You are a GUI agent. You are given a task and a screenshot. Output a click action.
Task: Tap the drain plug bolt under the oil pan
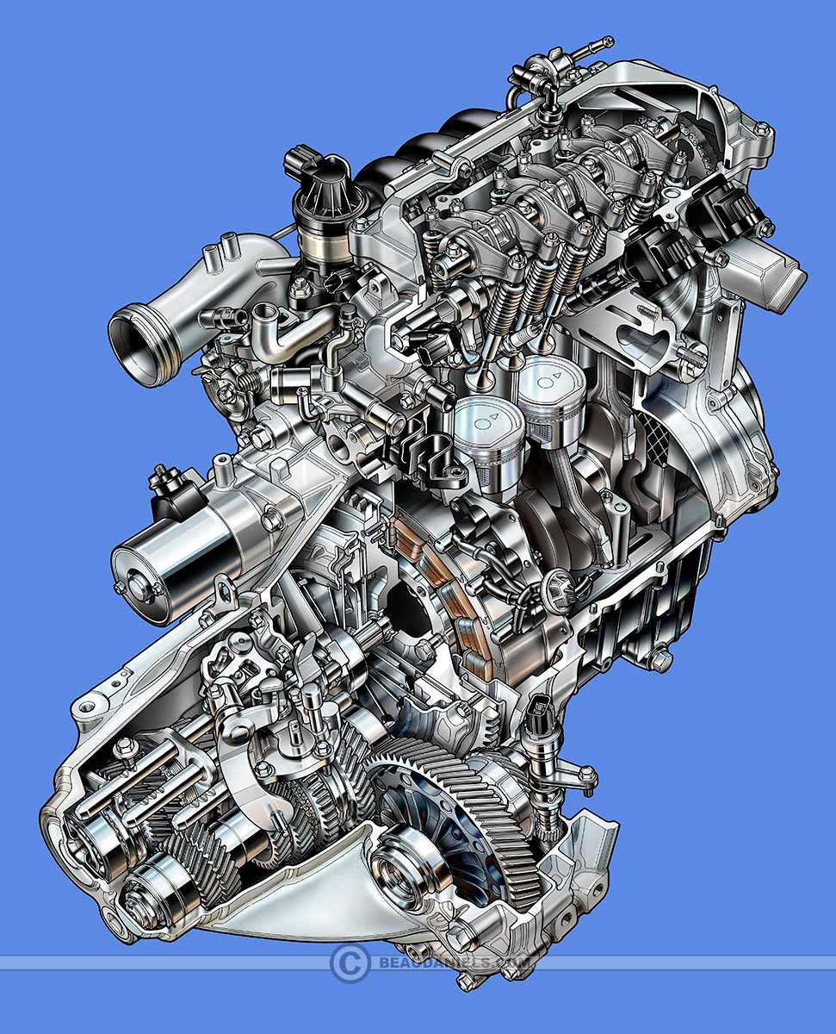(660, 659)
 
